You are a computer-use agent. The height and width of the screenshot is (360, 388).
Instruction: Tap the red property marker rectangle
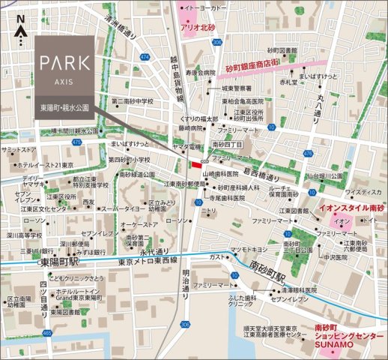[x=196, y=164]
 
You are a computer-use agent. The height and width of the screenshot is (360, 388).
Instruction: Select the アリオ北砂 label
[x=198, y=30]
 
